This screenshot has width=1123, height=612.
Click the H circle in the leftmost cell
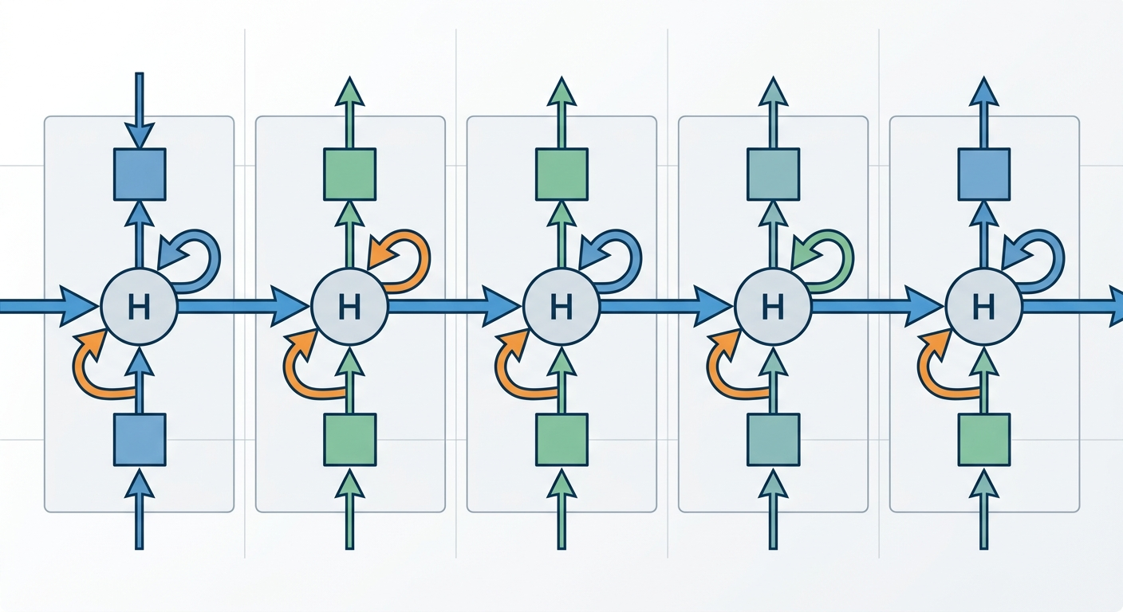coord(140,307)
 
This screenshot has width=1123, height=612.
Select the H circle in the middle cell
coord(561,307)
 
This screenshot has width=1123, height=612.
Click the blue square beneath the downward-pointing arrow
coord(140,175)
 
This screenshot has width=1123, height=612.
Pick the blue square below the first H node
coord(140,439)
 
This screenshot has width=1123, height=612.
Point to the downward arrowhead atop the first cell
coord(140,135)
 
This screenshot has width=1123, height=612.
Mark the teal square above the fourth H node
coord(773,175)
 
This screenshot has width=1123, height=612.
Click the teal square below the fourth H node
coord(773,439)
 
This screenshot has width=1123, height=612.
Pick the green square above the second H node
coord(349,175)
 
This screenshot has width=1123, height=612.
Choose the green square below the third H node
coord(561,439)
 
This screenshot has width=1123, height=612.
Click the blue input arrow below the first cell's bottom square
coord(140,510)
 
